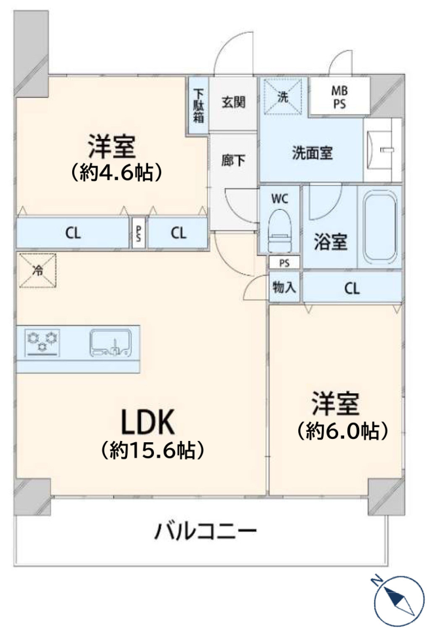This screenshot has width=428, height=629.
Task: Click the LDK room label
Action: click(147, 423)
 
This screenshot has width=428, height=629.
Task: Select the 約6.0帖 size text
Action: click(343, 431)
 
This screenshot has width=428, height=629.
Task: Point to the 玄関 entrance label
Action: click(233, 102)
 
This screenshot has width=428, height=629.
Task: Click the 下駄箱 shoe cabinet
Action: click(198, 105)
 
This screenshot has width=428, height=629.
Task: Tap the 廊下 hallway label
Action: click(233, 161)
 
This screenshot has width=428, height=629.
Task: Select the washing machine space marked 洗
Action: click(282, 97)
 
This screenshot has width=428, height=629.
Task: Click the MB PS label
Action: click(340, 98)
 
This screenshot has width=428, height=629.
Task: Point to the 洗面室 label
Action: click(312, 153)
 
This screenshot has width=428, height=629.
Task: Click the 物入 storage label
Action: click(284, 287)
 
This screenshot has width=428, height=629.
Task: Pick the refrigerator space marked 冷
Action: click(38, 271)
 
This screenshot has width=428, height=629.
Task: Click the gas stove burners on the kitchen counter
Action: click(43, 342)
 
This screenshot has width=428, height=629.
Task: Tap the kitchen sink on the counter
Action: click(110, 342)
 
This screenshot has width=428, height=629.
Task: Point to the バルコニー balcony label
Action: click(205, 532)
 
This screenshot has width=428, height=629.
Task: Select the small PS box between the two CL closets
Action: click(138, 233)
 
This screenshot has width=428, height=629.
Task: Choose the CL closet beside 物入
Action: click(352, 288)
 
